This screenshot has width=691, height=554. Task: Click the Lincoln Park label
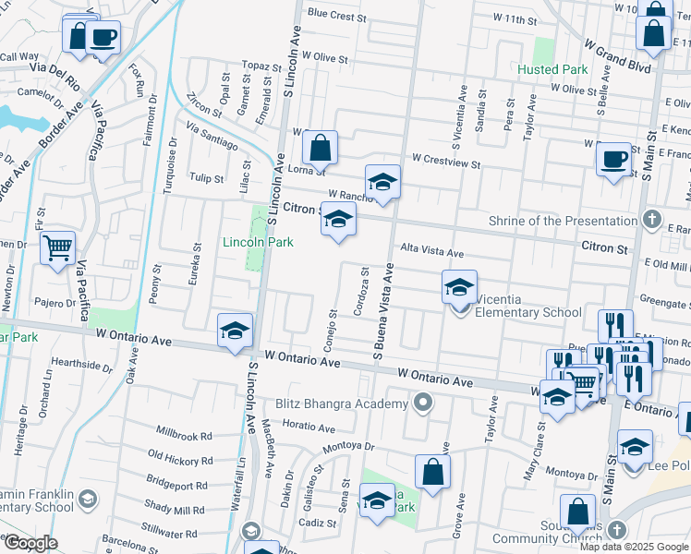point(258,242)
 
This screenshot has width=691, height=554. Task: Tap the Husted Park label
point(552,69)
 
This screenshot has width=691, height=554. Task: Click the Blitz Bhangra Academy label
point(342,403)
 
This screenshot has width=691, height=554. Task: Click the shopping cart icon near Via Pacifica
point(57,247)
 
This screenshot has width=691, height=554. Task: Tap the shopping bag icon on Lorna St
point(319,147)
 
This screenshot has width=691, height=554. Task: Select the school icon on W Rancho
point(382,181)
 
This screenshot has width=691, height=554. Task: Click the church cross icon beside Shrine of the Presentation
point(652,220)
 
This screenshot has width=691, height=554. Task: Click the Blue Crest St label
point(337,15)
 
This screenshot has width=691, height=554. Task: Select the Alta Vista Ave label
point(431,251)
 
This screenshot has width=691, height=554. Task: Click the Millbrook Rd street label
point(184,434)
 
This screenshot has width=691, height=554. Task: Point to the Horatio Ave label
point(309,426)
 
